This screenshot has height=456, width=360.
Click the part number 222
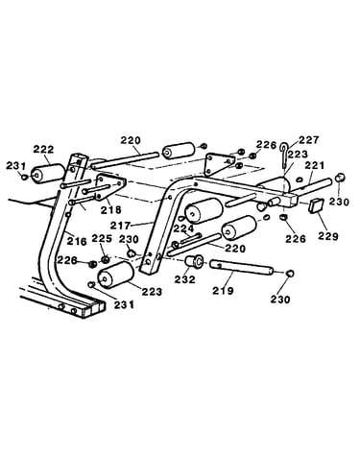(x=44, y=150)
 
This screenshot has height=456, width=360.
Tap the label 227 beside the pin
(x=309, y=140)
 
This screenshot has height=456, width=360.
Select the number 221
(x=314, y=165)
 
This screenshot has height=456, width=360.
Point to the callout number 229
(x=328, y=236)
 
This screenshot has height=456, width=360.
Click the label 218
(x=111, y=209)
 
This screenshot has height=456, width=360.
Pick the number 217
(x=121, y=226)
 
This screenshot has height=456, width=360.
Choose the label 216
(x=77, y=241)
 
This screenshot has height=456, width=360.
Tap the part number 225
(x=102, y=238)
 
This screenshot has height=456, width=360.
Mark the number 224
(x=183, y=228)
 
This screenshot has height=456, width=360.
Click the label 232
(x=184, y=279)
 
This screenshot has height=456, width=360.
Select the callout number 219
(x=224, y=291)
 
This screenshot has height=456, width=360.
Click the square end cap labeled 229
(x=316, y=205)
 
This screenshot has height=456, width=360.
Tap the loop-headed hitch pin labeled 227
(x=284, y=155)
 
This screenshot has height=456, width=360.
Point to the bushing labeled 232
(x=194, y=261)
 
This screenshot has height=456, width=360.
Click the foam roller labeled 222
(x=47, y=173)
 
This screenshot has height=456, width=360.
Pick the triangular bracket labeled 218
(x=109, y=187)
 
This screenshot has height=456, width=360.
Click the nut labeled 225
(x=105, y=259)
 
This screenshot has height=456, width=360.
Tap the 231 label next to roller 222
(x=16, y=166)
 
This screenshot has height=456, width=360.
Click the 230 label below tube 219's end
(x=280, y=300)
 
